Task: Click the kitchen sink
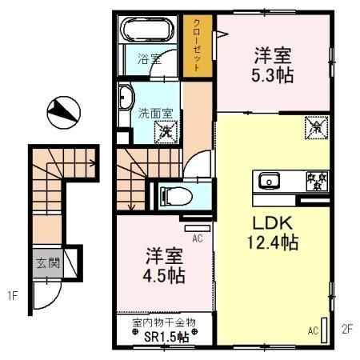point(267,180)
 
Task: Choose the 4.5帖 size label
point(166,276)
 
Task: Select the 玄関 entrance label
point(46,262)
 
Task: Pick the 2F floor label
point(346,328)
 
